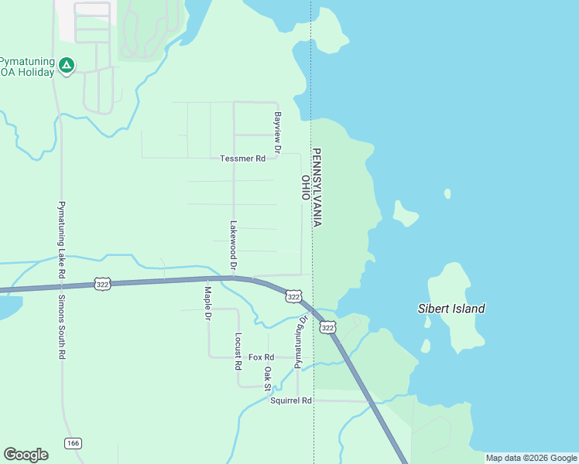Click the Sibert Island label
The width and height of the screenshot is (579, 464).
click(451, 309)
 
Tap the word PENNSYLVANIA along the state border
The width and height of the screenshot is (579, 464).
click(317, 187)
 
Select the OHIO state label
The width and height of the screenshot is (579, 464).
click(306, 187)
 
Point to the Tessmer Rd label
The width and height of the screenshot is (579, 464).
click(242, 159)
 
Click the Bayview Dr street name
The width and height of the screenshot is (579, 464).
click(277, 131)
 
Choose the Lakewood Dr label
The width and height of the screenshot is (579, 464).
click(232, 245)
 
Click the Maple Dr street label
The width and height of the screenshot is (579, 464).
click(207, 304)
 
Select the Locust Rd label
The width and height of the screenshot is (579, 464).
click(238, 351)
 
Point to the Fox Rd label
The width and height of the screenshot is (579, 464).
click(262, 357)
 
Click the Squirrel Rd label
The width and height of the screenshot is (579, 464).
click(290, 401)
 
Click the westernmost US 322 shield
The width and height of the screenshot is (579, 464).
click(102, 285)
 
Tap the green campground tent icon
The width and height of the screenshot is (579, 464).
click(67, 66)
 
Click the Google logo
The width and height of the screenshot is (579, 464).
click(26, 455)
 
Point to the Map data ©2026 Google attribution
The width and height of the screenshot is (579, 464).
click(532, 458)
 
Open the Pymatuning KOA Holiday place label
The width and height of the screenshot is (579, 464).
click(27, 67)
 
